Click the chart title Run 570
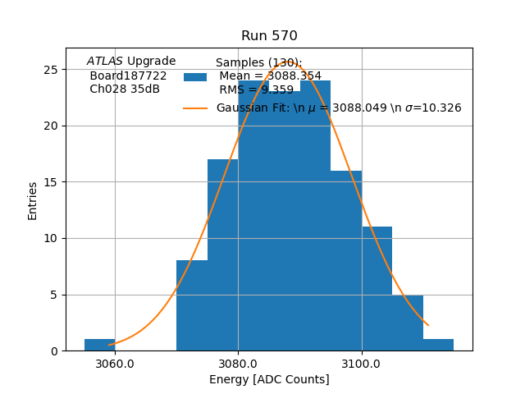[269, 36]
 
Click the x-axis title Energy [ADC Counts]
[269, 379]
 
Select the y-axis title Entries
[33, 200]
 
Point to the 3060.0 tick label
[115, 364]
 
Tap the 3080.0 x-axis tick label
[238, 364]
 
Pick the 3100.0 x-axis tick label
[362, 364]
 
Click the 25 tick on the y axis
[51, 70]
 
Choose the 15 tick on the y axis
[51, 182]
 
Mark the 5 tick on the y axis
[53, 295]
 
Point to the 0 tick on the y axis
[53, 351]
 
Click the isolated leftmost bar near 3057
[99, 345]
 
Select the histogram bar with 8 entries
[192, 305]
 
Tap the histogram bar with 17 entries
[222, 255]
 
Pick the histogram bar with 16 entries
[346, 261]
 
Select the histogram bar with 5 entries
[408, 323]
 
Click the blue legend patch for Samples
[195, 77]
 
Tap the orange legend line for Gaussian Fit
[195, 108]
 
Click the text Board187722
[128, 76]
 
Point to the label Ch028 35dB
[125, 89]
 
